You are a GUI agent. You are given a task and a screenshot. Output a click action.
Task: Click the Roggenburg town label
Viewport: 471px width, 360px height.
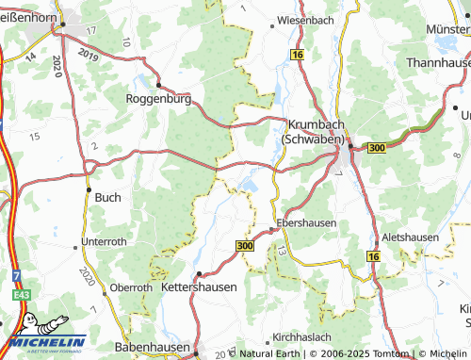tap(159, 97)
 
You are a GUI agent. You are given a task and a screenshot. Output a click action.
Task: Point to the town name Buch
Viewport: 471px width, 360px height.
tap(106, 198)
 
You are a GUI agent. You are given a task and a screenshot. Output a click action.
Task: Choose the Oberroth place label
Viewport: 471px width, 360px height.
tap(131, 287)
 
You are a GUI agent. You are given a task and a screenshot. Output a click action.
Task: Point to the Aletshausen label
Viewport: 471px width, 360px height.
tap(411, 237)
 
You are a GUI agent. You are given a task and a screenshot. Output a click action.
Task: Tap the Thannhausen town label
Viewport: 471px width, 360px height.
tap(438, 62)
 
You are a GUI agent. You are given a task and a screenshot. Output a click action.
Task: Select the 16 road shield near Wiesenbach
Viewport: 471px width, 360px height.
tap(298, 57)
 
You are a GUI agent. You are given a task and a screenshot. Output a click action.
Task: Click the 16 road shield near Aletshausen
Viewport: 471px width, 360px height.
tap(373, 256)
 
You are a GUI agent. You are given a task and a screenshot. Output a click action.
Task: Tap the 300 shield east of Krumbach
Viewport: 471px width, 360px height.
tap(377, 148)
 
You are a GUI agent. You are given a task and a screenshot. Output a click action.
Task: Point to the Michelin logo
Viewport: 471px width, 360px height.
tap(44, 342)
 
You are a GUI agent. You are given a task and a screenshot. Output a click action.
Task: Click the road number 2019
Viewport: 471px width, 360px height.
tap(89, 56)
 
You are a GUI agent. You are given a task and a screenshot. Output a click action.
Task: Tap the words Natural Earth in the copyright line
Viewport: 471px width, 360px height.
tap(268, 354)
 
